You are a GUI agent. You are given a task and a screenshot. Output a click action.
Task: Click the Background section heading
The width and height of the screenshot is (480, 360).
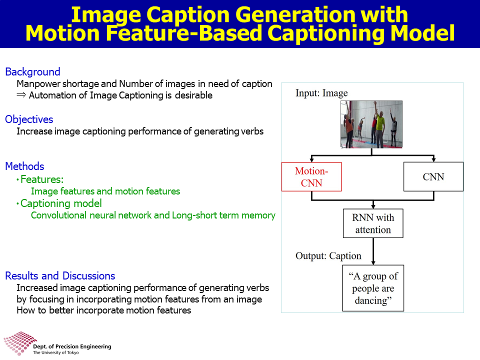coord(33,72)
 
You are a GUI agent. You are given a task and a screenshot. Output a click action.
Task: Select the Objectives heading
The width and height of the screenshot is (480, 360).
coord(29,119)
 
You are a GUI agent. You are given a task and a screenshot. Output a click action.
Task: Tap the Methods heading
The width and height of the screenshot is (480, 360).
coord(25,166)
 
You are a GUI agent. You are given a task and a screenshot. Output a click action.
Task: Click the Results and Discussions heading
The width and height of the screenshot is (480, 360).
coord(60,276)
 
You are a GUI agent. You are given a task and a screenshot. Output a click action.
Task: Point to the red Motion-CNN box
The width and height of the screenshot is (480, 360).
coord(311,176)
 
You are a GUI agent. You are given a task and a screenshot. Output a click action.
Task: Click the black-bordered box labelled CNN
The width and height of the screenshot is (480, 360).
coord(433,176)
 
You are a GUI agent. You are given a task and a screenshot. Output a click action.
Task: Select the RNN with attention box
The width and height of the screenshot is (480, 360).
coord(373,223)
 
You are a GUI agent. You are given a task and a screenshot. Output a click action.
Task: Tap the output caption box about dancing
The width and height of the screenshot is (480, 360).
coord(373,288)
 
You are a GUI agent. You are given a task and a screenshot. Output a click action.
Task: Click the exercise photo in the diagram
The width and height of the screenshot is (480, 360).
coord(371,124)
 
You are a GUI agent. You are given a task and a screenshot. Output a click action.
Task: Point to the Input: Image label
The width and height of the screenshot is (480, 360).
coord(321,93)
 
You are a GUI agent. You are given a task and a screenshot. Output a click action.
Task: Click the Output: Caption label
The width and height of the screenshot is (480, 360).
coord(328,255)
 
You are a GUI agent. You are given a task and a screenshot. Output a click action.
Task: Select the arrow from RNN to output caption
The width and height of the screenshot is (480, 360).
coord(373,251)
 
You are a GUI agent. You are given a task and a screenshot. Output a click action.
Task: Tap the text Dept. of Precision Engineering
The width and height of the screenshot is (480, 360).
coord(72,346)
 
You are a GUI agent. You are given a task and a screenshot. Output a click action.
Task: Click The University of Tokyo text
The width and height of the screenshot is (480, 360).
coord(55,352)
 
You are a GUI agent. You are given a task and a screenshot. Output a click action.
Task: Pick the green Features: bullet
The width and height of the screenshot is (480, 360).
coord(40,179)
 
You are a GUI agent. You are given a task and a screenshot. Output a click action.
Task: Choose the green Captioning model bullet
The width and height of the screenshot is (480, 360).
coord(59,203)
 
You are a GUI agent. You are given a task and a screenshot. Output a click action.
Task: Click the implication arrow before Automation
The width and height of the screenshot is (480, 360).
coord(21,95)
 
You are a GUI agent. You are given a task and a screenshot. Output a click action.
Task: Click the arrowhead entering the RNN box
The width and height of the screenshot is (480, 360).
coord(373,206)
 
